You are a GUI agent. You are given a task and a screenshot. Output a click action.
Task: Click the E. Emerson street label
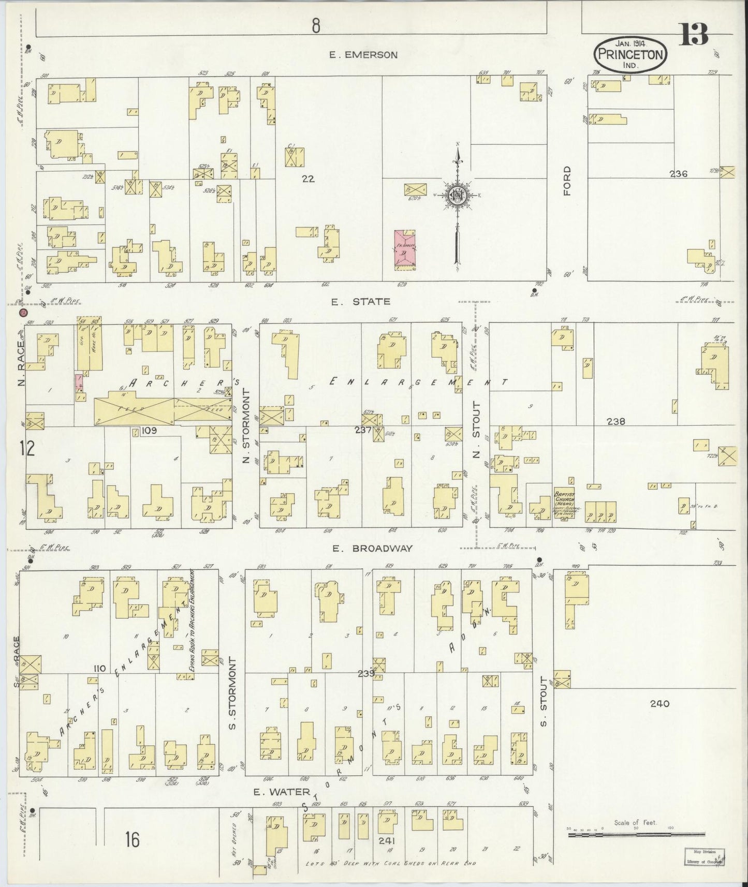pos(364,55)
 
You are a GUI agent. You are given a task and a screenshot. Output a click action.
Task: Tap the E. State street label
pos(361,301)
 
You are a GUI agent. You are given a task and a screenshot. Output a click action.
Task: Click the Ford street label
pos(568,181)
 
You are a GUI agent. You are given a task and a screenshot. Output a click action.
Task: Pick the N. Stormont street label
pos(247,427)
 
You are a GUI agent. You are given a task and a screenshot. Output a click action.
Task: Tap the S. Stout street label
pos(544,694)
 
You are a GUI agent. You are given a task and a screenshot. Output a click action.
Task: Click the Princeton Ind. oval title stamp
pos(630,54)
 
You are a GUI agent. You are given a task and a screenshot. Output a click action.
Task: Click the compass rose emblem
pos(458,195)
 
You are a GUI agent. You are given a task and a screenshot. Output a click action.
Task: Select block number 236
pos(678,174)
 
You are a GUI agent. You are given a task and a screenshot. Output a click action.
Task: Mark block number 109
pos(149,430)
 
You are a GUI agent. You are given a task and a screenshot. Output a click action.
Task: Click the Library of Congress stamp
pos(705,856)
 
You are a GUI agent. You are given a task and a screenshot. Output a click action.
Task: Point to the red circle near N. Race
pos(22,313)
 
